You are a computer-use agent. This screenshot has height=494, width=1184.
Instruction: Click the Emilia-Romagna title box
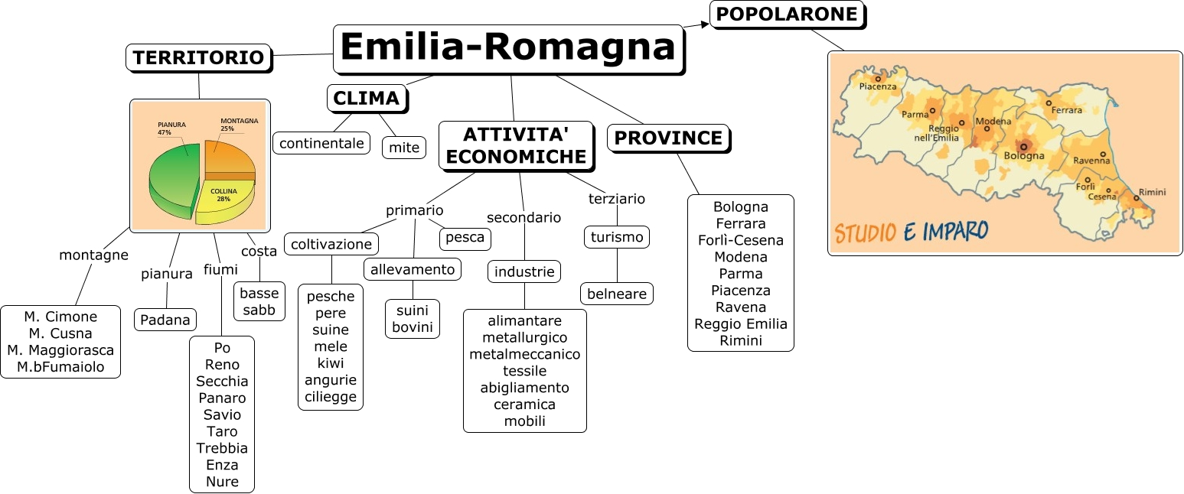pyautogui.click(x=507, y=48)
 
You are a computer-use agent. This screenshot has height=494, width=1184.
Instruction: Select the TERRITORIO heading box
pyautogui.click(x=198, y=57)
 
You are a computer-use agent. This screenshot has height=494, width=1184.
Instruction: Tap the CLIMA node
pyautogui.click(x=367, y=98)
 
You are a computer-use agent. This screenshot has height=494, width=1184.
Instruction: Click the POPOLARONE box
pyautogui.click(x=788, y=15)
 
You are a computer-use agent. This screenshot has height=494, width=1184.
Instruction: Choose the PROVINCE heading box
pyautogui.click(x=669, y=138)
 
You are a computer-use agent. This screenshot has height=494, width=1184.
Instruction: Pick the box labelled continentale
pyautogui.click(x=321, y=143)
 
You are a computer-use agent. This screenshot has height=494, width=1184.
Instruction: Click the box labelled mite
pyautogui.click(x=404, y=147)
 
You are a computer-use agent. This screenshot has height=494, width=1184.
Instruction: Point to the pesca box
pyautogui.click(x=465, y=238)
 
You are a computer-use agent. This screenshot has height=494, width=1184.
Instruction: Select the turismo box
pyautogui.click(x=617, y=237)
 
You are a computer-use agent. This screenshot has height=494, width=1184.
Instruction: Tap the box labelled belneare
pyautogui.click(x=617, y=294)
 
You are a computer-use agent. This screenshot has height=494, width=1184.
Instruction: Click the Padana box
pyautogui.click(x=166, y=320)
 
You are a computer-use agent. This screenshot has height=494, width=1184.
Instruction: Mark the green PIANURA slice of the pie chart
pyautogui.click(x=170, y=180)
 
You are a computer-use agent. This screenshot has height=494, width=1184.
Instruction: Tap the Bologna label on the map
pyautogui.click(x=1023, y=156)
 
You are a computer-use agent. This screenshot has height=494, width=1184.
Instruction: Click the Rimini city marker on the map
pyautogui.click(x=1137, y=198)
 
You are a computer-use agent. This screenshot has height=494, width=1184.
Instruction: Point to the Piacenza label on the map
pyautogui.click(x=877, y=86)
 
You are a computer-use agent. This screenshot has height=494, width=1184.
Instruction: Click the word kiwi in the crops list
pyautogui.click(x=331, y=363)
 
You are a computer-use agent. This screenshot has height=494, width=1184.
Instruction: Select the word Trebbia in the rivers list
pyautogui.click(x=222, y=448)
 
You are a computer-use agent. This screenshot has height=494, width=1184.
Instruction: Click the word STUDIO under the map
pyautogui.click(x=865, y=232)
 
